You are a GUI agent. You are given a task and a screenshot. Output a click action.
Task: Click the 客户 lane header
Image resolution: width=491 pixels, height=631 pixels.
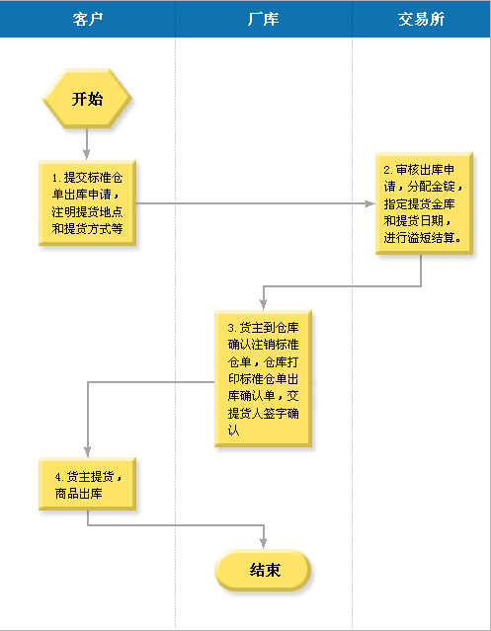pyautogui.click(x=88, y=19)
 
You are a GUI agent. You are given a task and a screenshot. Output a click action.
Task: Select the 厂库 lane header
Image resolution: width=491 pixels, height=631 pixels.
pyautogui.click(x=264, y=19)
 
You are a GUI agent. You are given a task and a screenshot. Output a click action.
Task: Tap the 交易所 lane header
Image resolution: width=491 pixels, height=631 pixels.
pyautogui.click(x=422, y=19)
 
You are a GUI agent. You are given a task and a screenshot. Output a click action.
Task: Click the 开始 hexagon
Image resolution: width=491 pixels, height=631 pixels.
pyautogui.click(x=87, y=99)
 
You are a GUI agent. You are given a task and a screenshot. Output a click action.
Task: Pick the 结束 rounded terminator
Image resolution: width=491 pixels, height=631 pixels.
pyautogui.click(x=263, y=570)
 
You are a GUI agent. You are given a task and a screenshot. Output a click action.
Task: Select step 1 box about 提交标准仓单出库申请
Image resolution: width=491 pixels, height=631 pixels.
pyautogui.click(x=87, y=202)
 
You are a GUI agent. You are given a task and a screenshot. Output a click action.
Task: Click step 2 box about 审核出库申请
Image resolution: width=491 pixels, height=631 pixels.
pyautogui.click(x=424, y=203)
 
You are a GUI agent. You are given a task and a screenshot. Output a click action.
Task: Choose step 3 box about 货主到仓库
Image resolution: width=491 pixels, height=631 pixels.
pyautogui.click(x=263, y=378)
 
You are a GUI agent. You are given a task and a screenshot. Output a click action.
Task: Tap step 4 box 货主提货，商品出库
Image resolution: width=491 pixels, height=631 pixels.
pyautogui.click(x=87, y=484)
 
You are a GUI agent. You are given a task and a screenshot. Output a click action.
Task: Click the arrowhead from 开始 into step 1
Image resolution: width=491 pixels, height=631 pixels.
pyautogui.click(x=87, y=154)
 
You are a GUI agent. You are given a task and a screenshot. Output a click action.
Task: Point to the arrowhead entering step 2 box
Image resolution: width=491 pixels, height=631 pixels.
pyautogui.click(x=369, y=203)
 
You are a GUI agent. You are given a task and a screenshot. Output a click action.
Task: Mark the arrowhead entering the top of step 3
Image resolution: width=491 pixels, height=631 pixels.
pyautogui.click(x=263, y=304)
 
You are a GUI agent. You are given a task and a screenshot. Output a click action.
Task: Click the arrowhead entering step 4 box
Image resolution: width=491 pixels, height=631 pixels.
pyautogui.click(x=87, y=452)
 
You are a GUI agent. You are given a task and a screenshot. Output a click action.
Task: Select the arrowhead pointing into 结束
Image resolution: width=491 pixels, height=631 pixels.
pyautogui.click(x=263, y=544)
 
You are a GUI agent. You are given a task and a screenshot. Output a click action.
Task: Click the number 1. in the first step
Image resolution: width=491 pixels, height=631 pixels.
pyautogui.click(x=56, y=178)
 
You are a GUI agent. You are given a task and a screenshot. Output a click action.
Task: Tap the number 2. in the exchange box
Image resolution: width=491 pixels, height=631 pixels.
pyautogui.click(x=388, y=170)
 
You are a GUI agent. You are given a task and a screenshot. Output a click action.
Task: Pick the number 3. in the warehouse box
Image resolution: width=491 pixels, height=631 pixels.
pyautogui.click(x=232, y=328)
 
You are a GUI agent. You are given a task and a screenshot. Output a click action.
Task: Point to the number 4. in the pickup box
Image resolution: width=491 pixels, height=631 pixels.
pyautogui.click(x=59, y=477)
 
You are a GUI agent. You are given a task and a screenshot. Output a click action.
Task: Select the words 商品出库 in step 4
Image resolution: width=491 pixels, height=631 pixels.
pyautogui.click(x=78, y=494)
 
